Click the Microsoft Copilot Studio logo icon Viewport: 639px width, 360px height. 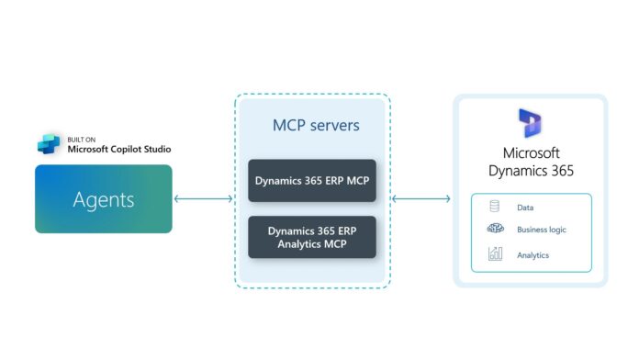click(49, 143)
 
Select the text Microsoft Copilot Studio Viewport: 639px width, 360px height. click(119, 149)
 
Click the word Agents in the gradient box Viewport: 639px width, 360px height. click(104, 198)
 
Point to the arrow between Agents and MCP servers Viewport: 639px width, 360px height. click(203, 198)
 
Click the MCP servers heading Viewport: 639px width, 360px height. click(312, 125)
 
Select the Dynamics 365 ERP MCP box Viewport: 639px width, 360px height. click(312, 181)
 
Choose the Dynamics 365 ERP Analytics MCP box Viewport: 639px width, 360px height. click(312, 237)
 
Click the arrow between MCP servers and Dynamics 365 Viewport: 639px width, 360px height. click(421, 198)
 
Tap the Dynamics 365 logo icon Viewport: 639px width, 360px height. click(531, 123)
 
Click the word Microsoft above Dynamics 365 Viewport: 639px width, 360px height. click(531, 152)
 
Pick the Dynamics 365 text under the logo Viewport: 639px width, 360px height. click(531, 171)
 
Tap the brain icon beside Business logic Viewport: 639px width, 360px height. click(496, 231)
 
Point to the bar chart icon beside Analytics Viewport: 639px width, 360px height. click(496, 253)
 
